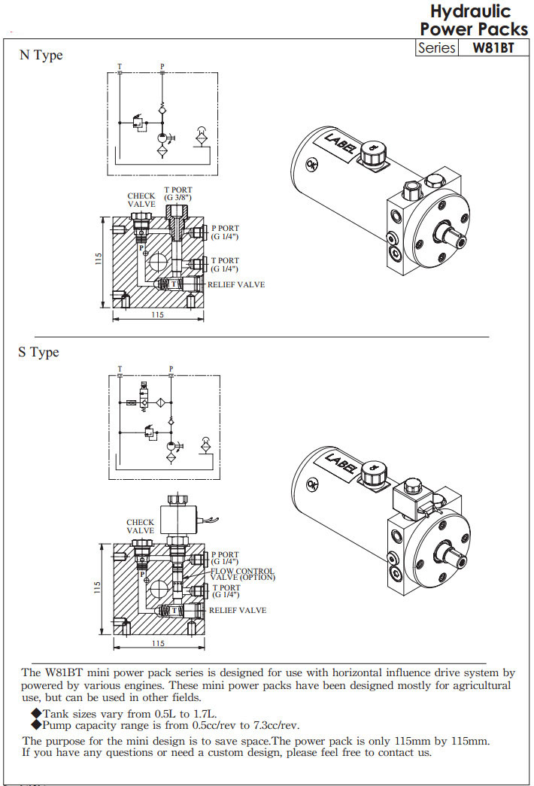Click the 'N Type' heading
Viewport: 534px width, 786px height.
click(41, 56)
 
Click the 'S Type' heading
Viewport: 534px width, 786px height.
click(38, 352)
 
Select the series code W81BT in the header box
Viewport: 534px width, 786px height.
click(493, 47)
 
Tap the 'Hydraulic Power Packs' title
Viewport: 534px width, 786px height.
click(473, 20)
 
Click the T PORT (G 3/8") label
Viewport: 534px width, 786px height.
click(179, 194)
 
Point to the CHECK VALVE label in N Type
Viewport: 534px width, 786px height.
click(141, 200)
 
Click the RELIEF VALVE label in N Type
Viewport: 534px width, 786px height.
click(236, 284)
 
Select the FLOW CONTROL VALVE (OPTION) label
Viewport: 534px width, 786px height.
click(242, 575)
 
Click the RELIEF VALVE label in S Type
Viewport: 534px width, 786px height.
click(237, 610)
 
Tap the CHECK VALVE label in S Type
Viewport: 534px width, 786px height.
click(140, 527)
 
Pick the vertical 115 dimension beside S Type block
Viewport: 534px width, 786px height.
click(98, 587)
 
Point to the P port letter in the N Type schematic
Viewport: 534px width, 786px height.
click(162, 66)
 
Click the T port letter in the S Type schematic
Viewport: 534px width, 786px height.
click(120, 369)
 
